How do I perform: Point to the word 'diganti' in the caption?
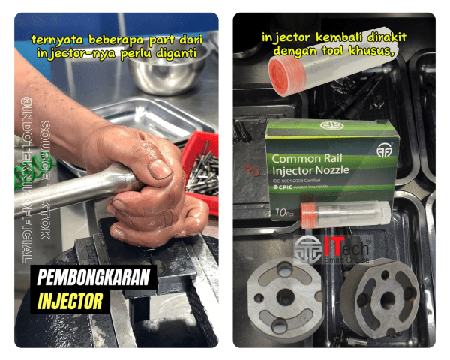pyautogui.click(x=181, y=54)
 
